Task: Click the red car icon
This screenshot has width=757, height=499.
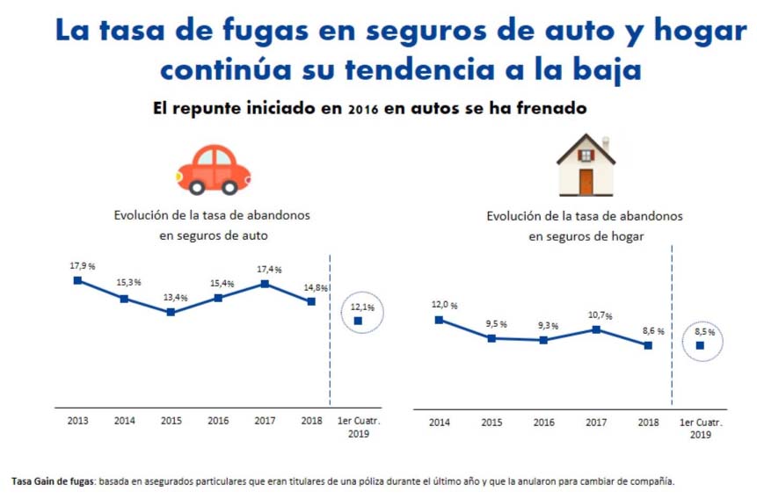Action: (214, 170)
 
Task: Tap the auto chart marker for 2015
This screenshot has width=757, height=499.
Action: (171, 312)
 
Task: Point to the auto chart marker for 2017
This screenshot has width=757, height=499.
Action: (265, 284)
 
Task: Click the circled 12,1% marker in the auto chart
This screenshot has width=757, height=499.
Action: (358, 321)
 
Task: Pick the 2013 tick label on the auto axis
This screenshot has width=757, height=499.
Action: (77, 421)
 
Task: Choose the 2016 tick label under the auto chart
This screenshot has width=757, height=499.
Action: (218, 421)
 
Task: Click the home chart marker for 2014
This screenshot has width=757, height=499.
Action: (440, 320)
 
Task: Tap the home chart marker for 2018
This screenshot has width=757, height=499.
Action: (648, 345)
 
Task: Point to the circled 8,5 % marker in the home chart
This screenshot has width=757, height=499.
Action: (700, 345)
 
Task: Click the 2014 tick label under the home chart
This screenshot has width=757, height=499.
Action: (440, 423)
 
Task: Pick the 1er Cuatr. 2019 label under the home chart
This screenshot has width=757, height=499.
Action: (700, 428)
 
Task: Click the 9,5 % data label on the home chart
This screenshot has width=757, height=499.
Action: (496, 324)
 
